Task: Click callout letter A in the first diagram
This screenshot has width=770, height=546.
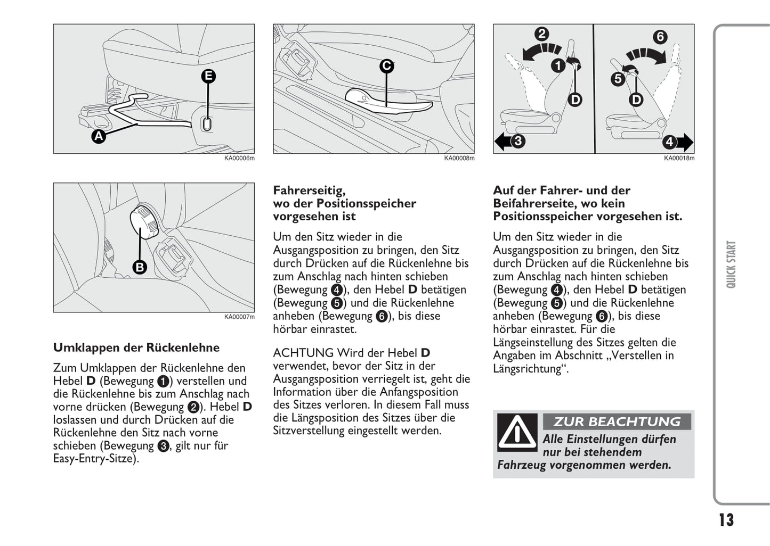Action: pos(98,136)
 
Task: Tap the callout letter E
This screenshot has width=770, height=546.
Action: pos(208,76)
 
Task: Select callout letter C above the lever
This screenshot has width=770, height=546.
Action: pos(386,66)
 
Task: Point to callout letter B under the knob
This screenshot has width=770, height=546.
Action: pos(139,267)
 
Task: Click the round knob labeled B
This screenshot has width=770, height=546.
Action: pos(144,220)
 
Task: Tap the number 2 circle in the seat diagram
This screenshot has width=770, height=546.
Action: pos(541,34)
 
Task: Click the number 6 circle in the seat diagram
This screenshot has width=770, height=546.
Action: pos(660,37)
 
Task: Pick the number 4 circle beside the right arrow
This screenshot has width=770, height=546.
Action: pos(669,142)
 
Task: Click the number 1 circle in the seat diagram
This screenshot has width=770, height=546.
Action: pos(557,66)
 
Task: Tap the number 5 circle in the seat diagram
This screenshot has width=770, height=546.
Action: pos(618,79)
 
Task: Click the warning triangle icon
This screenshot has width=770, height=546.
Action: pos(516,432)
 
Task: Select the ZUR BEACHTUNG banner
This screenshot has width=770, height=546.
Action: pos(617,421)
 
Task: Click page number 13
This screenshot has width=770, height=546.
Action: pos(726,519)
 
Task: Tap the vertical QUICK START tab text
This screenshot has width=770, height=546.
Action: pos(731,264)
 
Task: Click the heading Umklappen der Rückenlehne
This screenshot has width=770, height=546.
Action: pos(136,348)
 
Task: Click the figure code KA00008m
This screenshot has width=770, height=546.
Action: pos(459,158)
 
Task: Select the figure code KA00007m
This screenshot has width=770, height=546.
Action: pos(239,317)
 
